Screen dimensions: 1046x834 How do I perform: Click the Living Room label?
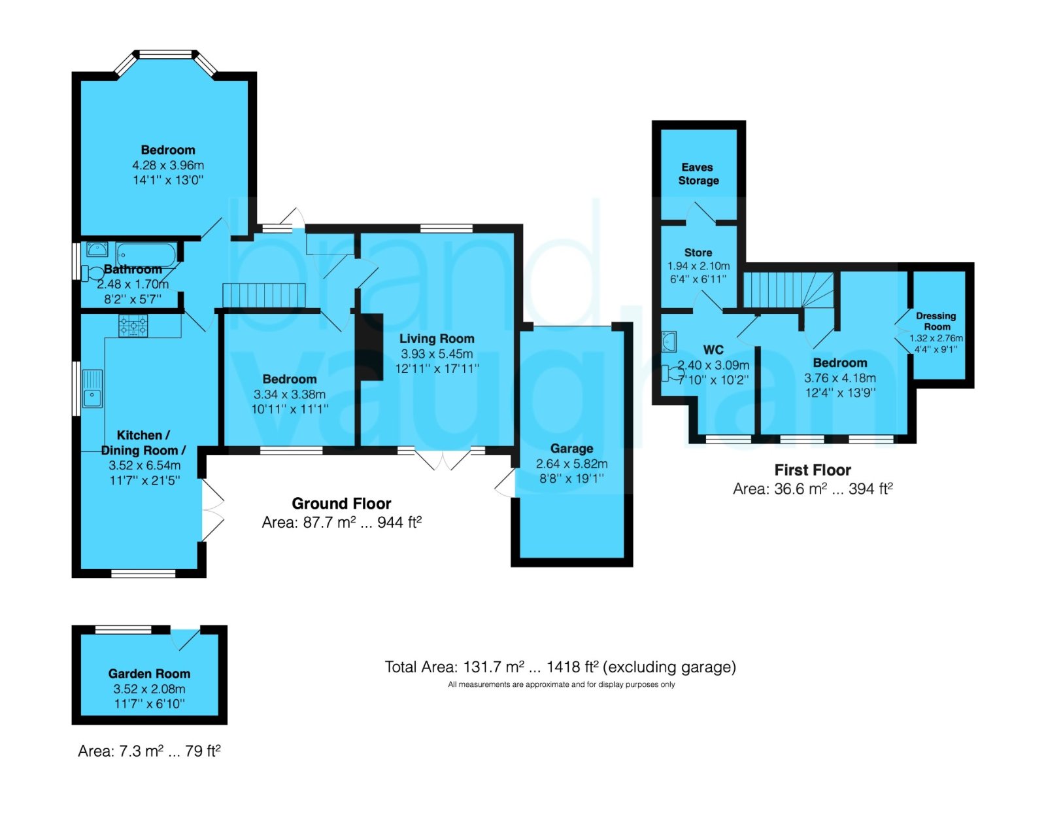[437, 338]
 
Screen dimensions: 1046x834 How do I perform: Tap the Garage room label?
[571, 448]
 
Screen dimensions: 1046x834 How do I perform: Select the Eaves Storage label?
[698, 173]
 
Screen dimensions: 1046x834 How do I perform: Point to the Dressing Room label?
[936, 321]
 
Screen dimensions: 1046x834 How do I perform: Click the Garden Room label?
[149, 674]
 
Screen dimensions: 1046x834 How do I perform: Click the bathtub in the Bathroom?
[146, 255]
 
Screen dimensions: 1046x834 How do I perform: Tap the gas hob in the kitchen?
[133, 326]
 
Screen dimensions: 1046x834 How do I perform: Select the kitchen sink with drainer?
[92, 389]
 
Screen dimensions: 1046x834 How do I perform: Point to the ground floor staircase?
[264, 295]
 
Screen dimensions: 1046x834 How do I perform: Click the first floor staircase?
[789, 290]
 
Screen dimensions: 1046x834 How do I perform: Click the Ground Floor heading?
[341, 503]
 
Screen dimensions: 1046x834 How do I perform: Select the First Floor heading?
[812, 470]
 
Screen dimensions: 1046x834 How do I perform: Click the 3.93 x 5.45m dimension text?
[437, 353]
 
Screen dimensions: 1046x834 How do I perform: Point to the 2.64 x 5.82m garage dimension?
[571, 463]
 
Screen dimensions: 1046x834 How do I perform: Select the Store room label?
[698, 252]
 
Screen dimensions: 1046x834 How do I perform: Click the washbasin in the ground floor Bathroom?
[97, 249]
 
